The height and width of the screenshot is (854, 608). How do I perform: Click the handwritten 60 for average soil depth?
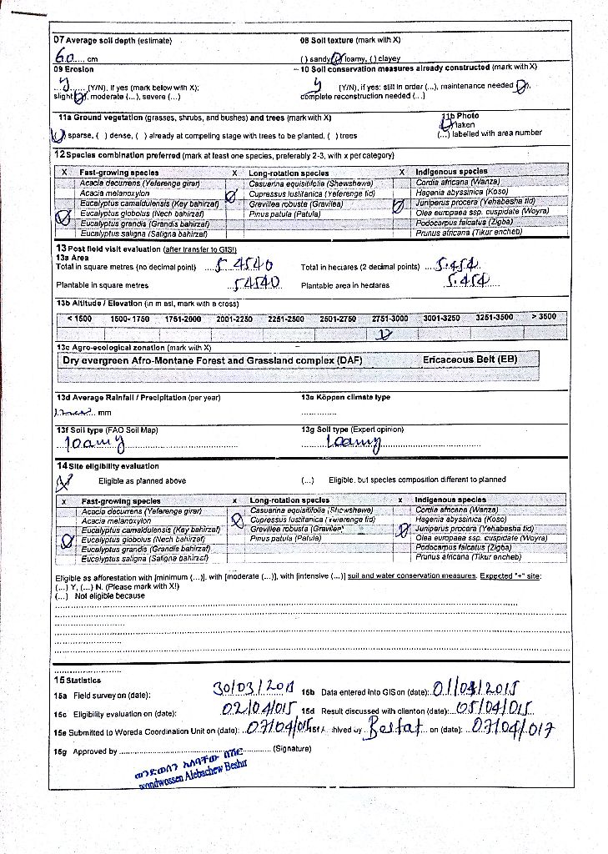(63, 58)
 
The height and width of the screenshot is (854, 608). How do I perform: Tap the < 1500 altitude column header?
(79, 318)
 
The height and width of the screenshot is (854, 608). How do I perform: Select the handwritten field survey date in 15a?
(254, 688)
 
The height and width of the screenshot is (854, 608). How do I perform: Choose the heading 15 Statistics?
(78, 681)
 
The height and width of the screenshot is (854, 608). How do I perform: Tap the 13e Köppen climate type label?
(345, 397)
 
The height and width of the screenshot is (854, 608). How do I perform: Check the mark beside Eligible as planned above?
(61, 481)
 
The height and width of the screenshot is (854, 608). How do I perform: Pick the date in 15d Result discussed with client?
(495, 709)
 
